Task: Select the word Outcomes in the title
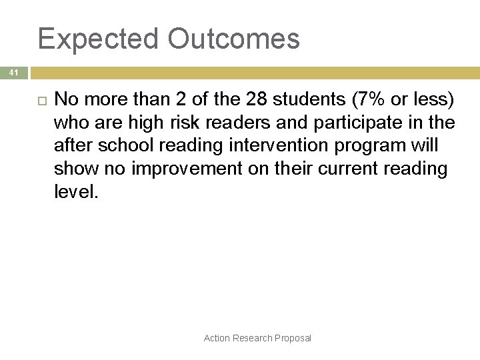coord(234,39)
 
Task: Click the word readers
coord(230,123)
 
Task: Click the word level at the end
coord(74,192)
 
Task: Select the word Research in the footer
coord(253,338)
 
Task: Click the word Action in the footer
coord(217,338)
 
